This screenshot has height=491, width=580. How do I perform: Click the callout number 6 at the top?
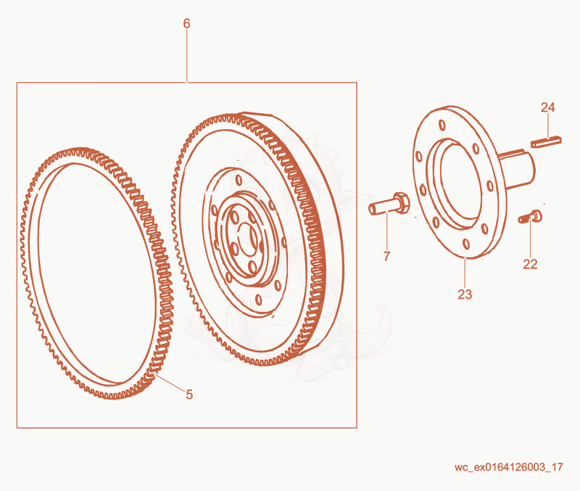186,24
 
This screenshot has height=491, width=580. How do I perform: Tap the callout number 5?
189,395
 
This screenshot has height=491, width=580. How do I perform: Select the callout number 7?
386,256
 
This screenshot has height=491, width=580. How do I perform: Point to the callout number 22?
530,264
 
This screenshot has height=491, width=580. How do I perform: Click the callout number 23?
465,294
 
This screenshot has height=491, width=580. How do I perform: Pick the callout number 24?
548,107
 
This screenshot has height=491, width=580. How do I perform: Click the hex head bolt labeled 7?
389,204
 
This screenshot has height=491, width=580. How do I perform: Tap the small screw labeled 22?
530,217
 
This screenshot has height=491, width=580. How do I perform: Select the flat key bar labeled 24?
547,141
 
